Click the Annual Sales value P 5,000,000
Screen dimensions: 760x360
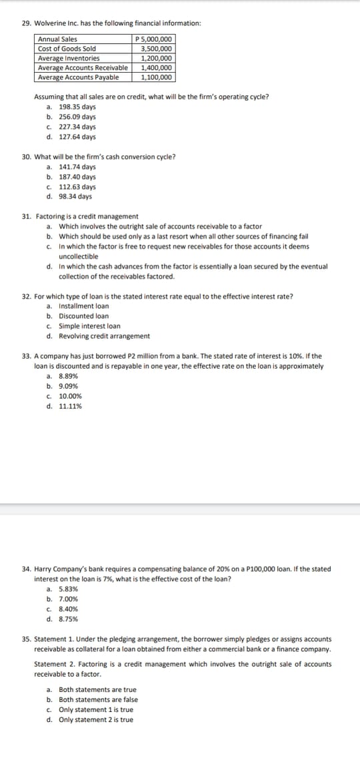pyautogui.click(x=155, y=39)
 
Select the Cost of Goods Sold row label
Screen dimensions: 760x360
pyautogui.click(x=67, y=49)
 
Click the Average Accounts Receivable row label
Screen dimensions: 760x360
pyautogui.click(x=83, y=67)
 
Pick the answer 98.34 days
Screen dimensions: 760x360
pyautogui.click(x=75, y=197)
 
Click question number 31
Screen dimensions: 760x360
pyautogui.click(x=27, y=217)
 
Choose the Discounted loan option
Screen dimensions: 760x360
pyautogui.click(x=83, y=316)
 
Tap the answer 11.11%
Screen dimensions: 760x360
pyautogui.click(x=71, y=406)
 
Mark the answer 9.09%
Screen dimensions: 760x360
pyautogui.click(x=69, y=386)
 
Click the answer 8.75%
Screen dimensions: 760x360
pyautogui.click(x=69, y=619)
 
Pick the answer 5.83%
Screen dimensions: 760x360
pyautogui.click(x=69, y=589)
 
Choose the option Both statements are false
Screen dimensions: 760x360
pyautogui.click(x=98, y=699)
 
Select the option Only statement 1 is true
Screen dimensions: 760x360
pyautogui.click(x=95, y=709)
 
